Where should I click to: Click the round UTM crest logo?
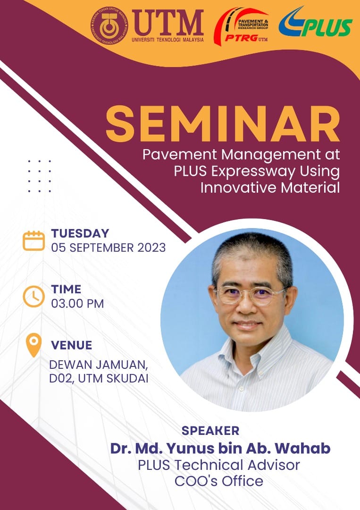coord(109,25)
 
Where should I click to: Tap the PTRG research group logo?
coord(241,26)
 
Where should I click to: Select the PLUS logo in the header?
coord(315,22)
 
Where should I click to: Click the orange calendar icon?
coord(34,241)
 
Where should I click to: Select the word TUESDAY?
coord(80,233)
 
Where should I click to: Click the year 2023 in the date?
coord(151,248)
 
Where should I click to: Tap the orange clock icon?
coord(34,296)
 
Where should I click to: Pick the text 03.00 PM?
coord(78,304)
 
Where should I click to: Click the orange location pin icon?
coord(34,345)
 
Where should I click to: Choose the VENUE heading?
coord(71,345)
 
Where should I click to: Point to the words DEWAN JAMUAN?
coord(99,365)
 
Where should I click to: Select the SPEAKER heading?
coord(210,431)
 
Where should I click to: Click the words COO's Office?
coord(219,481)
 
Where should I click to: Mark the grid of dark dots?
coord(39,176)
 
